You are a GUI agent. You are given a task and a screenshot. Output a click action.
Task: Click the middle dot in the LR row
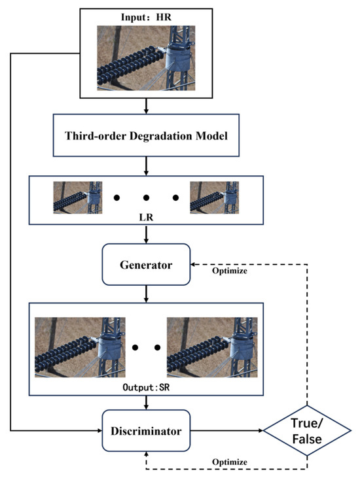(x=146, y=197)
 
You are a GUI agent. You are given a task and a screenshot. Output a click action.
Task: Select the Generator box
(x=146, y=265)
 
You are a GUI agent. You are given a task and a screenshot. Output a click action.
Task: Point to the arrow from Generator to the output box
(x=146, y=292)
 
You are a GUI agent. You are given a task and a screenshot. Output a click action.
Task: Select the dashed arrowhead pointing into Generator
(x=194, y=265)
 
